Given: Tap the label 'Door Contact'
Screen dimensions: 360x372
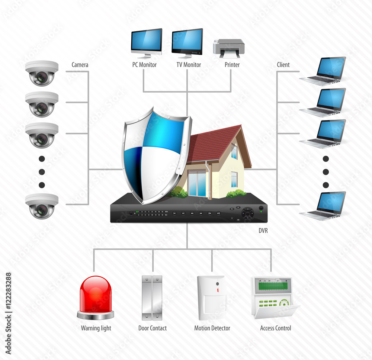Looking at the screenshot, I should click(x=153, y=328).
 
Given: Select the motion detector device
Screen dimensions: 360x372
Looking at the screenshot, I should click(x=212, y=298).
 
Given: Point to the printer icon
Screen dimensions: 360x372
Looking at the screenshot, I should click(x=228, y=48).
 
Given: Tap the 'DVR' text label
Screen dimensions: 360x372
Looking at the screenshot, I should click(x=263, y=231).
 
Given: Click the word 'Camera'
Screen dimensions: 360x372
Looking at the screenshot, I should click(x=80, y=65).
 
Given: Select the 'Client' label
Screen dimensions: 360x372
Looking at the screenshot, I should click(x=283, y=65).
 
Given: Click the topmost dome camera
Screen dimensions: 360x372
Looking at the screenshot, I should click(x=42, y=73).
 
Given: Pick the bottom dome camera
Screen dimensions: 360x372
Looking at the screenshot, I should click(x=42, y=206).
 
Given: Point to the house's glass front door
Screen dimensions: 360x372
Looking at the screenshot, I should click(x=197, y=183).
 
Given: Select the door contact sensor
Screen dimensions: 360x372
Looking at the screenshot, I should click(x=152, y=298).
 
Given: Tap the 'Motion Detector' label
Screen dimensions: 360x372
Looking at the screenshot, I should click(x=212, y=328).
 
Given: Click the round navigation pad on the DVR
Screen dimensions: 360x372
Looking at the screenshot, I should click(x=247, y=213).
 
